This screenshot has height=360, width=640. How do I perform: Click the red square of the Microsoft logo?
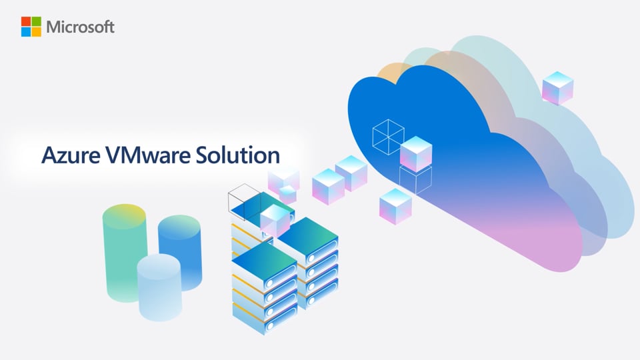tap(26, 21)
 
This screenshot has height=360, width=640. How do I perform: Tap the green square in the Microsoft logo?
tap(36, 21)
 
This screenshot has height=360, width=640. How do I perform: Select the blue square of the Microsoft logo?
tap(26, 32)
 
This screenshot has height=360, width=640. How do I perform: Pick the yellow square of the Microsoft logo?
tap(36, 32)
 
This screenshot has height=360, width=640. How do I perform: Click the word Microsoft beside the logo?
tap(81, 27)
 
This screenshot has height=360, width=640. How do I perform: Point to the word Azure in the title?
tap(71, 155)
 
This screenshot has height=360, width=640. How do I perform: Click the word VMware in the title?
tap(148, 155)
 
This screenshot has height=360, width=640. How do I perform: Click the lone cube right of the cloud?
tap(557, 88)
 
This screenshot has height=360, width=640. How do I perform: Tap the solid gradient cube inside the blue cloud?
tap(416, 154)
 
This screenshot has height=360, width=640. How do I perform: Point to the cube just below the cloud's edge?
tap(395, 206)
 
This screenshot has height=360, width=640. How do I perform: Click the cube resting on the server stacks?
tap(276, 221)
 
